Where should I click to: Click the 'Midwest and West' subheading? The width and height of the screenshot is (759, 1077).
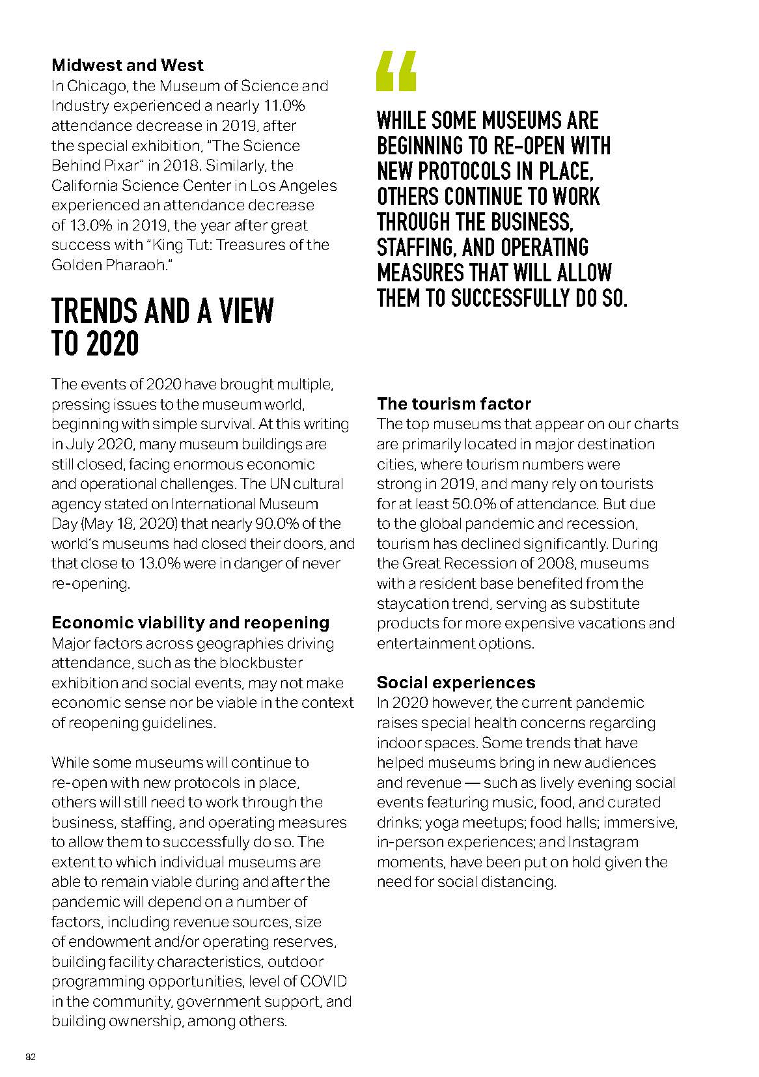pos(127,65)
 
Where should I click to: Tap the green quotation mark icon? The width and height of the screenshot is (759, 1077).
pos(396,71)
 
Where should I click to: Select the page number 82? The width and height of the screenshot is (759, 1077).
pos(30,1056)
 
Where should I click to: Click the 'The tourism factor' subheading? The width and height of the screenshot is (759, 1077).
pos(454,404)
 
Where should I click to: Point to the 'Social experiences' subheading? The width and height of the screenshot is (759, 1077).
pos(456,682)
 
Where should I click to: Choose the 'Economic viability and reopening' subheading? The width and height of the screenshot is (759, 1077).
pos(190,622)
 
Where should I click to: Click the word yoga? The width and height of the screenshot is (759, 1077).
pos(442,822)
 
